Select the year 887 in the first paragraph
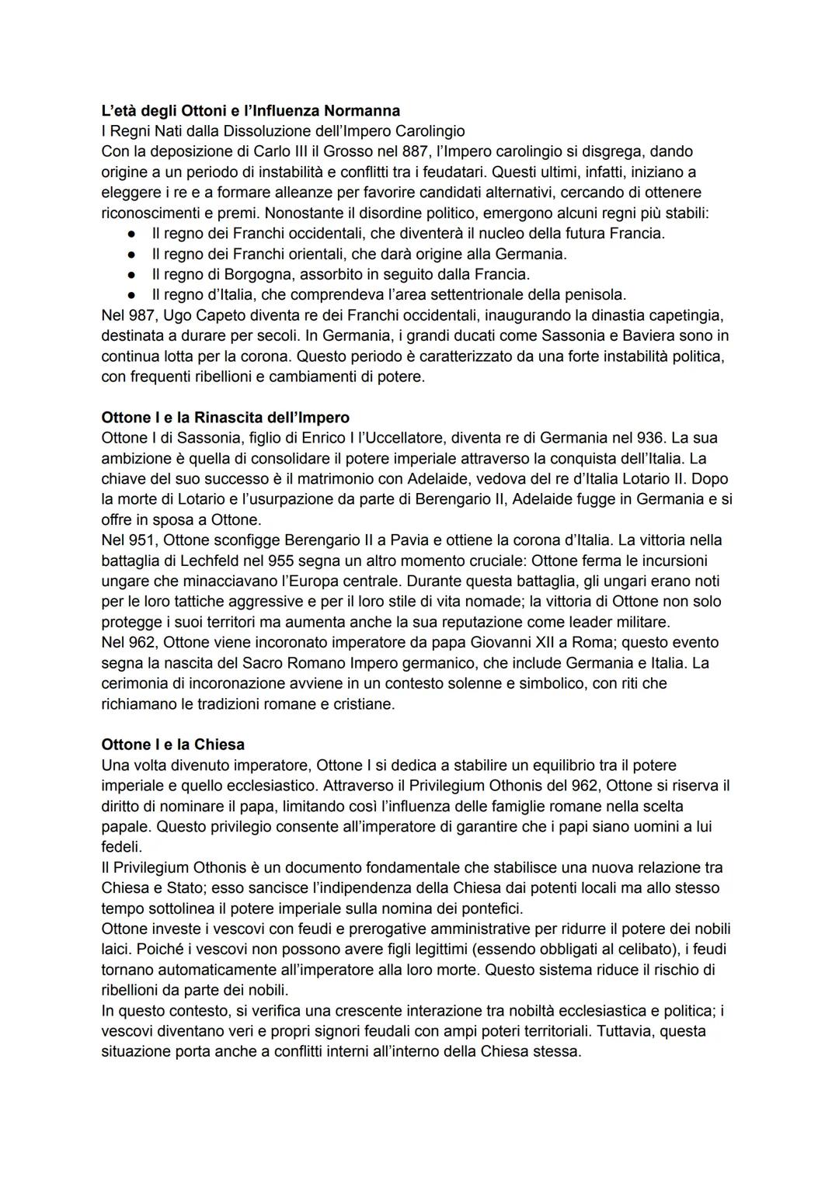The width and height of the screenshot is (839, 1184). (388, 151)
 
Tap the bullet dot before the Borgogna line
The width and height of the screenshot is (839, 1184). (133, 275)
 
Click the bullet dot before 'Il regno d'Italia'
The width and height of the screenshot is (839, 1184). (133, 295)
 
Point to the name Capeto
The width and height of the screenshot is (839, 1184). (217, 316)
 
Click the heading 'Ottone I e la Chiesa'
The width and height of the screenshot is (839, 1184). (172, 745)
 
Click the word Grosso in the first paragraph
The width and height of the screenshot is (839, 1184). (328, 151)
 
